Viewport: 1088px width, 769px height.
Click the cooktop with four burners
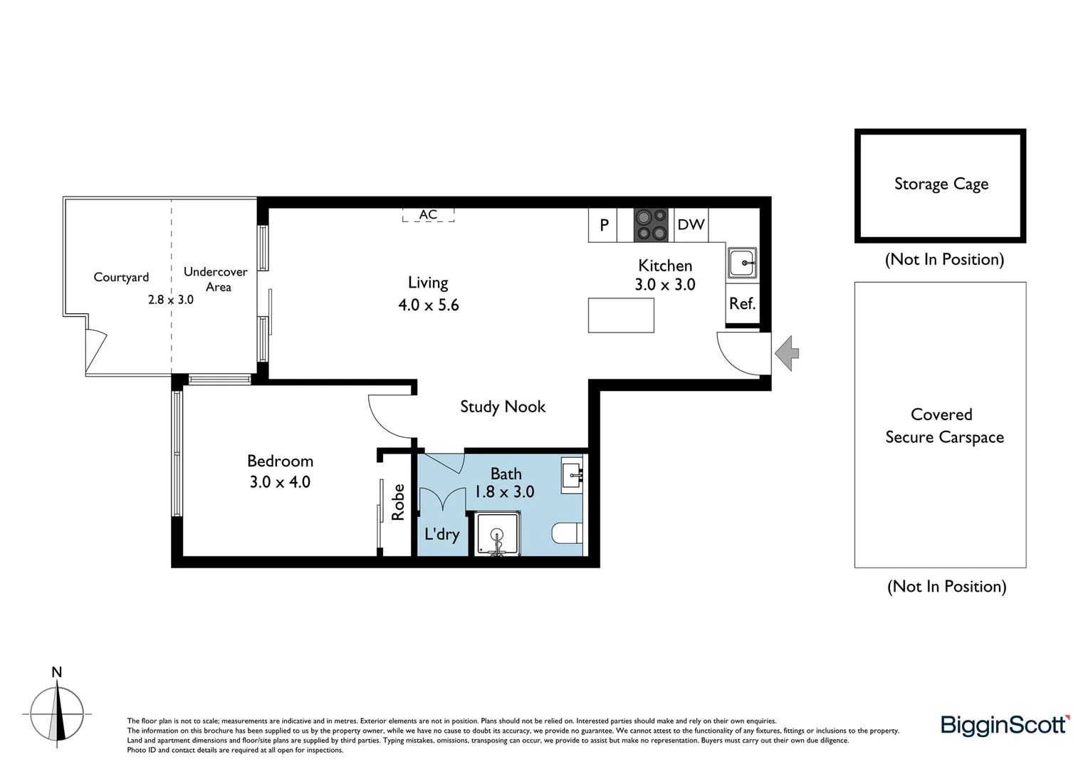[651, 224]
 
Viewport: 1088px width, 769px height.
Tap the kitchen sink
[742, 263]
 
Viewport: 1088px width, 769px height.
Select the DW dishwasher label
[691, 225]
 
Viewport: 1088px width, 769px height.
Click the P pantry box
[604, 225]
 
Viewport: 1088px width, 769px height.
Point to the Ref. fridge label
[742, 304]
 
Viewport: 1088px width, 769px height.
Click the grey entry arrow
[787, 352]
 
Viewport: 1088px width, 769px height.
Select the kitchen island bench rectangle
[621, 315]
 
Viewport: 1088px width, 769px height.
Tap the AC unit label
[428, 214]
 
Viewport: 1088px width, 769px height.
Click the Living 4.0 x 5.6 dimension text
[428, 305]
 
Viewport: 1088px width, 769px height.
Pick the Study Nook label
[503, 407]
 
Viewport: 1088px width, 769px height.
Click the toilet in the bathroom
[567, 533]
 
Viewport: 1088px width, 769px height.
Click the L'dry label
[441, 534]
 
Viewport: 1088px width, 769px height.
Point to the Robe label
[398, 502]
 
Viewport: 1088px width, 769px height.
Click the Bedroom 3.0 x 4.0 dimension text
[280, 482]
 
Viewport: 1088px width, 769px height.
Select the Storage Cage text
[941, 184]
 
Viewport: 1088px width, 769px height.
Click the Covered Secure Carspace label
[943, 426]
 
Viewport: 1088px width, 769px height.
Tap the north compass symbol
[57, 712]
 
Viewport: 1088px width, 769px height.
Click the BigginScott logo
[1005, 725]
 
